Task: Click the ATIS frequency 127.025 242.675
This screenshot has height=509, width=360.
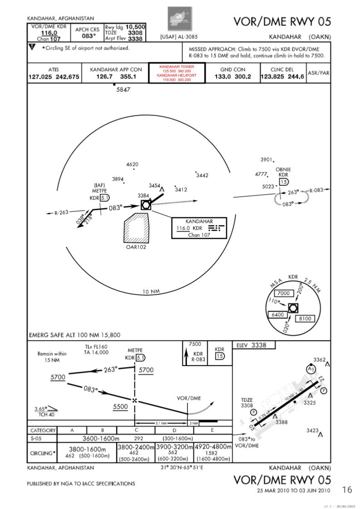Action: pos(54,77)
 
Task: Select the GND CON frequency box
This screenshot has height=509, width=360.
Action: pos(232,74)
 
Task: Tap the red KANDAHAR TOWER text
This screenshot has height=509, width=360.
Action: pos(177,67)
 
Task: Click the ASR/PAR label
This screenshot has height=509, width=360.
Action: pos(318,73)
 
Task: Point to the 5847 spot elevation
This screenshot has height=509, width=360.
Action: pos(123,90)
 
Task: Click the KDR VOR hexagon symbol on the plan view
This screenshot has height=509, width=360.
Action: pos(145,205)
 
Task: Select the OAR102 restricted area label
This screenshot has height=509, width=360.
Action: pos(136,247)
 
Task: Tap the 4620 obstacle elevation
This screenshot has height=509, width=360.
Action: pos(132,164)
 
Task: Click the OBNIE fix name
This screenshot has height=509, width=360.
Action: pos(283,170)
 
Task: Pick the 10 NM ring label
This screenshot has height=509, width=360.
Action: pos(151,292)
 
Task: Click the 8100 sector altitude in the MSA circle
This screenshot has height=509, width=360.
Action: pos(305,319)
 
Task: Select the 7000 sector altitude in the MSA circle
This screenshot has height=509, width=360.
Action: pos(283,293)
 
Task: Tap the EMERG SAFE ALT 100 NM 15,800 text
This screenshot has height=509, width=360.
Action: pos(74,335)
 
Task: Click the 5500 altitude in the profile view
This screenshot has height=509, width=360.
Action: pos(120,407)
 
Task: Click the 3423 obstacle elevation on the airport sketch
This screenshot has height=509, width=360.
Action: pos(313,430)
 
